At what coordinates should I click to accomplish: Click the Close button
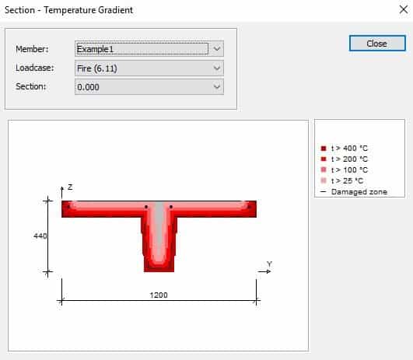point(376,44)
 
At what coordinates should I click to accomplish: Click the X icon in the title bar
point(398,10)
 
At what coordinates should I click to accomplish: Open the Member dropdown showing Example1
point(149,48)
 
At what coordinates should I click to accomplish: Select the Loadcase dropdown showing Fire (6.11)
point(149,68)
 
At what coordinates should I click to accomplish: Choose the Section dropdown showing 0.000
point(149,86)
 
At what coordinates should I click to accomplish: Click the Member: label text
point(32,49)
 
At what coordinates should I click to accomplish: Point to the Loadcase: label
point(34,68)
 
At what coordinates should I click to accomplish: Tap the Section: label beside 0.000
point(32,86)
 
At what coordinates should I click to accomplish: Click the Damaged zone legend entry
point(358,191)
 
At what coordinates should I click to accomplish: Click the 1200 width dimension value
point(159,295)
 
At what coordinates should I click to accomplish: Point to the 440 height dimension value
point(40,236)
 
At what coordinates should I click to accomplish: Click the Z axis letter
point(69,187)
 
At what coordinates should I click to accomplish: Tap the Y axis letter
point(270,264)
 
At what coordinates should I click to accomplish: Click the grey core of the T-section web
point(159,229)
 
